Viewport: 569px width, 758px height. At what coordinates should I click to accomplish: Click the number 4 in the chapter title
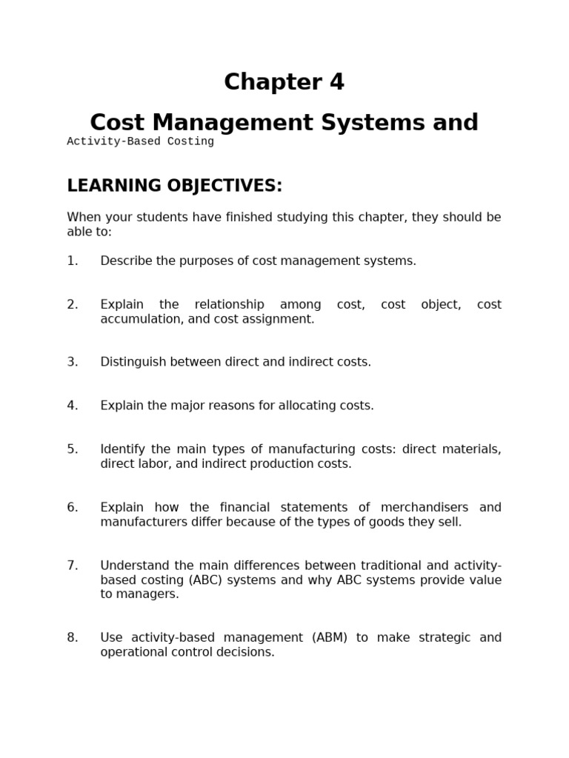click(336, 82)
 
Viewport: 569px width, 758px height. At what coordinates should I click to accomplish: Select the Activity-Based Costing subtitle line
click(140, 141)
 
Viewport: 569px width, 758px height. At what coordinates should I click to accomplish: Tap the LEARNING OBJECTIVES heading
click(175, 186)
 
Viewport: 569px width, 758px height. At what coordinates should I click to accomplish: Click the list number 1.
click(72, 261)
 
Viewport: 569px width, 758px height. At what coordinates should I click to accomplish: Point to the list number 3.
click(72, 362)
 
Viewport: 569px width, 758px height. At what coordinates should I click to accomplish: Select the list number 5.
click(72, 449)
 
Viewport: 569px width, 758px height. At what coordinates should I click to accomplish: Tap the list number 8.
click(72, 637)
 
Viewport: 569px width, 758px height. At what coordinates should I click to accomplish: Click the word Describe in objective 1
click(127, 261)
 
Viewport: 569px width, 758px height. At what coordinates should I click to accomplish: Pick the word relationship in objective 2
click(229, 304)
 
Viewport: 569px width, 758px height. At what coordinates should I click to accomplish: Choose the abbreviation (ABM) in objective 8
click(329, 637)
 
